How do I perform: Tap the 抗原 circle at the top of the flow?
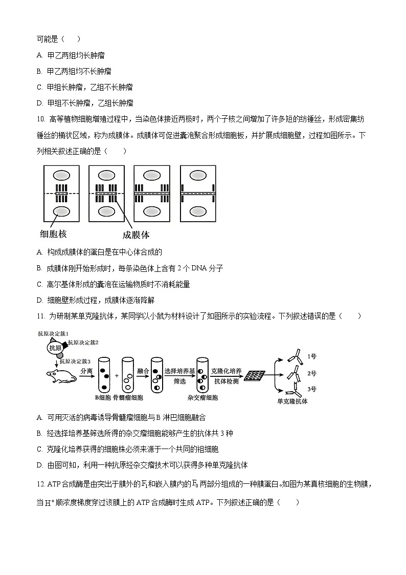55,348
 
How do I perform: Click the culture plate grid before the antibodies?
254,376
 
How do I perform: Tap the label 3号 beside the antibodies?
312,389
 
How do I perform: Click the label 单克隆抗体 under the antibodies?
292,401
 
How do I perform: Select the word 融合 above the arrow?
143,370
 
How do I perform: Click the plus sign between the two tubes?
116,376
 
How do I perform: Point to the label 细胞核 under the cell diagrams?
54,235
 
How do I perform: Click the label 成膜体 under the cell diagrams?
136,235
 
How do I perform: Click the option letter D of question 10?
39,300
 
